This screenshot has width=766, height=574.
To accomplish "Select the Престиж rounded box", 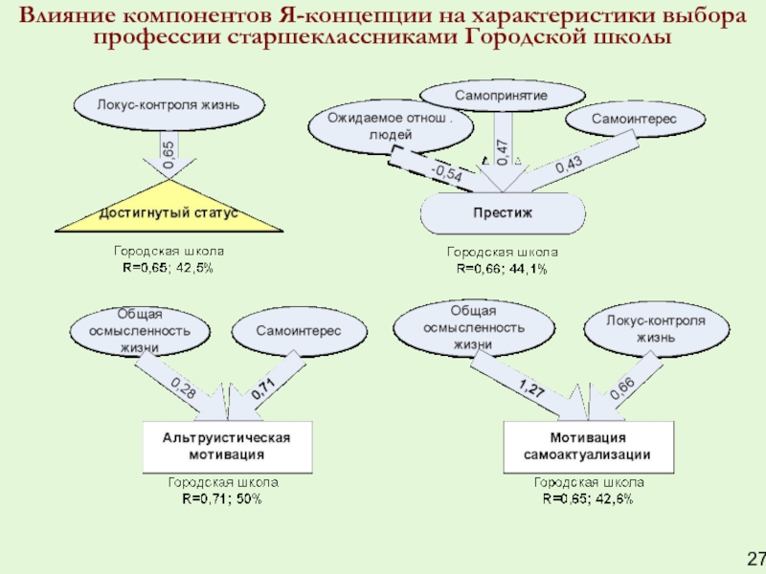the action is click(503, 212).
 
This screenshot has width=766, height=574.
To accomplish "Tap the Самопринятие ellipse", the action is click(502, 97).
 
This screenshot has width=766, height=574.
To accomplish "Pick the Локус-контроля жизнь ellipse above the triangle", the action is click(168, 103).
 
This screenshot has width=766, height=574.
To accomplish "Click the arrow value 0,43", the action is click(569, 166).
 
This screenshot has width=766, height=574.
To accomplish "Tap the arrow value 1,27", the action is click(531, 387).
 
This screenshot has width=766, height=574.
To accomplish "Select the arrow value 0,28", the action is click(183, 387).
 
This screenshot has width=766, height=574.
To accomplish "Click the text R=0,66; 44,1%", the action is click(502, 269).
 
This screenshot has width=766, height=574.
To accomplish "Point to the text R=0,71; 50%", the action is click(222, 499).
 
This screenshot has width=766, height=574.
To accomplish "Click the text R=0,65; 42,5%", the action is click(168, 268).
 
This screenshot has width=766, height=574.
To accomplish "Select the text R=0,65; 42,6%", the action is click(587, 499).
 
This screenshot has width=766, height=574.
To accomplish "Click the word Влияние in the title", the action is click(69, 16).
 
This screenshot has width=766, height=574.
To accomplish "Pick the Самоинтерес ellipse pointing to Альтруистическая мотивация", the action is click(298, 330).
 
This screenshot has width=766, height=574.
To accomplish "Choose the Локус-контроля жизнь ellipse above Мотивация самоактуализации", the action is click(656, 328).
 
